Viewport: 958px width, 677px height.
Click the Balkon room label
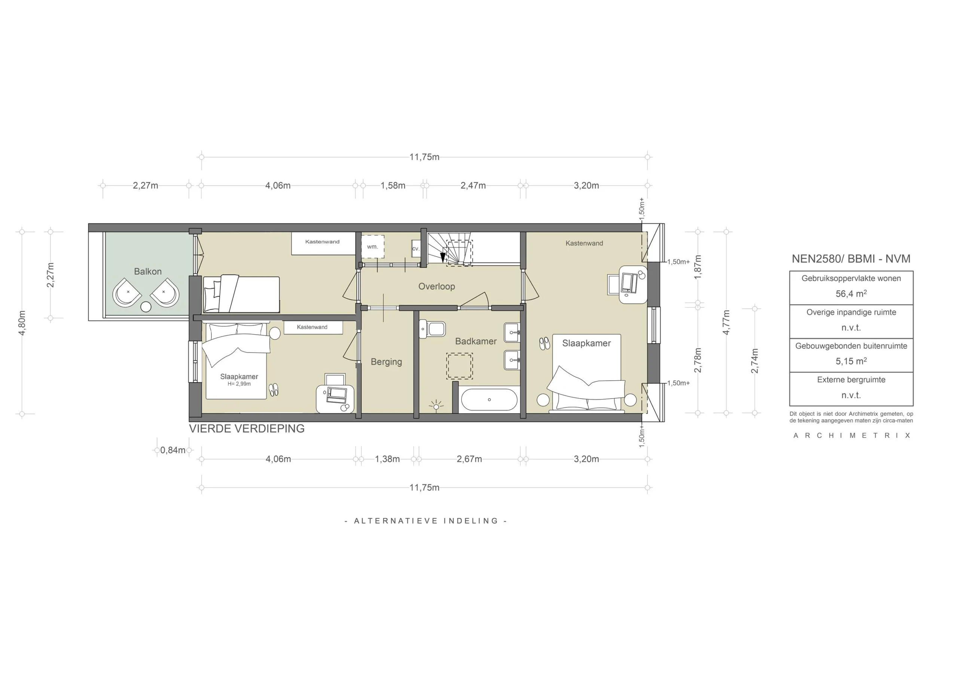(x=148, y=272)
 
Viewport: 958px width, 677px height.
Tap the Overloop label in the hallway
(x=436, y=287)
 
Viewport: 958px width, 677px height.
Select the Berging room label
(x=386, y=362)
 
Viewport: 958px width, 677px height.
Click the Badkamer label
(x=476, y=341)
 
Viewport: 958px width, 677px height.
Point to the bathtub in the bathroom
(x=489, y=400)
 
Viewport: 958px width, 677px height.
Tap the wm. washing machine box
(x=372, y=247)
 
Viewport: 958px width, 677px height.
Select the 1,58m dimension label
(x=393, y=186)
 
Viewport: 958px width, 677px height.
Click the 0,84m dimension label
(x=173, y=450)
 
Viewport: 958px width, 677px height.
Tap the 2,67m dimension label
(x=469, y=459)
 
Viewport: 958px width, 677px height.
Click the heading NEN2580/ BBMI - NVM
(x=851, y=259)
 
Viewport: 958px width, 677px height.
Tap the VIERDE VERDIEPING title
(x=247, y=429)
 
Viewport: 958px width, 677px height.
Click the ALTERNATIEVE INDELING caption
(x=425, y=521)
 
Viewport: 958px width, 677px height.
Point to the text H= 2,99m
(x=239, y=384)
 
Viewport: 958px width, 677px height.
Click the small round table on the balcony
(x=146, y=307)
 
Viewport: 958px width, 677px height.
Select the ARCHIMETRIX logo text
(x=851, y=436)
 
